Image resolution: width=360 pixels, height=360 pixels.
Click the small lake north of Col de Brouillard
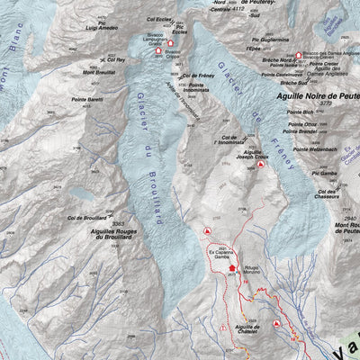point(83,193)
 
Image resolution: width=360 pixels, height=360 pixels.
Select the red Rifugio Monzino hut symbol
point(232,267)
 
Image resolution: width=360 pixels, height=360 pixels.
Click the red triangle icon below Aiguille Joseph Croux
point(261,166)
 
